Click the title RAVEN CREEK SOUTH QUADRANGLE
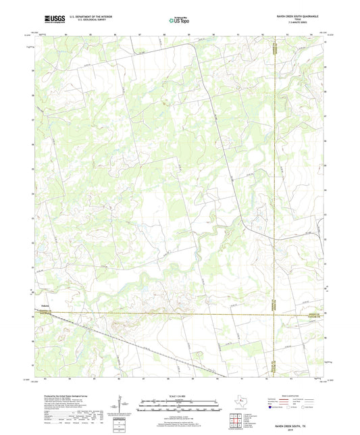(x=300, y=15)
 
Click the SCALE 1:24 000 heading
(x=180, y=396)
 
